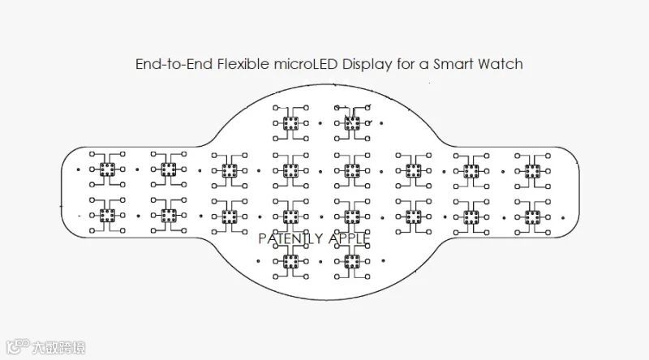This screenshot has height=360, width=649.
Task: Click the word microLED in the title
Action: tap(286, 64)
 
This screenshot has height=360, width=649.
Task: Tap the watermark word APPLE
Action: tap(346, 238)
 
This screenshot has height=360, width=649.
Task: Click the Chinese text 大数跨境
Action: tap(57, 349)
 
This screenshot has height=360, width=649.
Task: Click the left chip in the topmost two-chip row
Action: tap(290, 123)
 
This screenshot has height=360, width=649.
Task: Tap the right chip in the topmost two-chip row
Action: tap(351, 123)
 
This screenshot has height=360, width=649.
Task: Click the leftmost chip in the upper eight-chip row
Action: tap(106, 169)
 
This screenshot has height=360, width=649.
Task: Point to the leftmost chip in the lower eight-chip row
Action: tap(106, 215)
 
